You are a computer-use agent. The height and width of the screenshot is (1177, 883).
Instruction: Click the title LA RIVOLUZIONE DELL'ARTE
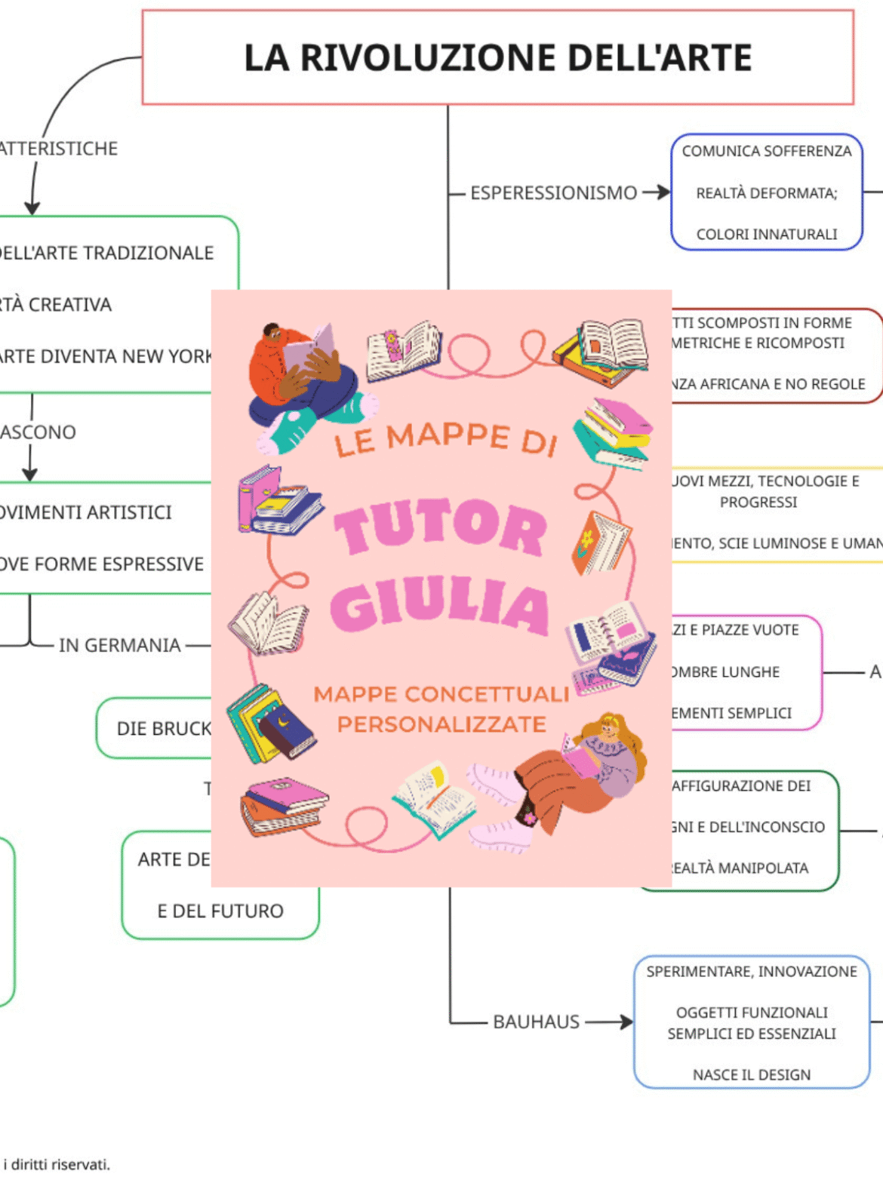tap(498, 58)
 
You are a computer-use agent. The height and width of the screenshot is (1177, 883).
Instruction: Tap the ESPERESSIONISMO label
tap(553, 193)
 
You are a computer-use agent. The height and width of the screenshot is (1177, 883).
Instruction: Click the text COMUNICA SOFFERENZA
tap(767, 152)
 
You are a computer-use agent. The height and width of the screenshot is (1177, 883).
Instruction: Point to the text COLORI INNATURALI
tap(767, 235)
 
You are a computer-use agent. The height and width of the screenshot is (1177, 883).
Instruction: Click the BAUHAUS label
tap(536, 1022)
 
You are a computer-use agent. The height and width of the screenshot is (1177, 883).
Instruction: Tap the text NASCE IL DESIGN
tap(752, 1075)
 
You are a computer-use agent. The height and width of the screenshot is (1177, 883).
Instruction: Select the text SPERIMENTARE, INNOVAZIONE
tap(752, 972)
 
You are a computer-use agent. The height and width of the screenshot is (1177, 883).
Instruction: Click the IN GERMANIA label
tap(120, 646)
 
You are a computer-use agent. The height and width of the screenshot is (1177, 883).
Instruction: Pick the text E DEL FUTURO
tap(220, 911)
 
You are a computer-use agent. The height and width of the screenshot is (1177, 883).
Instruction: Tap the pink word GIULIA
tap(439, 606)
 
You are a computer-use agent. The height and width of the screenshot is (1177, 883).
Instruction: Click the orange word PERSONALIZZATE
tap(441, 725)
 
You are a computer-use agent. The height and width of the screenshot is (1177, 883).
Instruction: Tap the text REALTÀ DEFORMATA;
tap(767, 194)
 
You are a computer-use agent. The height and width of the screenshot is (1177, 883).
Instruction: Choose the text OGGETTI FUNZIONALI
tap(752, 1013)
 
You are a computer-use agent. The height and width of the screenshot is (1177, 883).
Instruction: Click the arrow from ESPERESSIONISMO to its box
tap(656, 193)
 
